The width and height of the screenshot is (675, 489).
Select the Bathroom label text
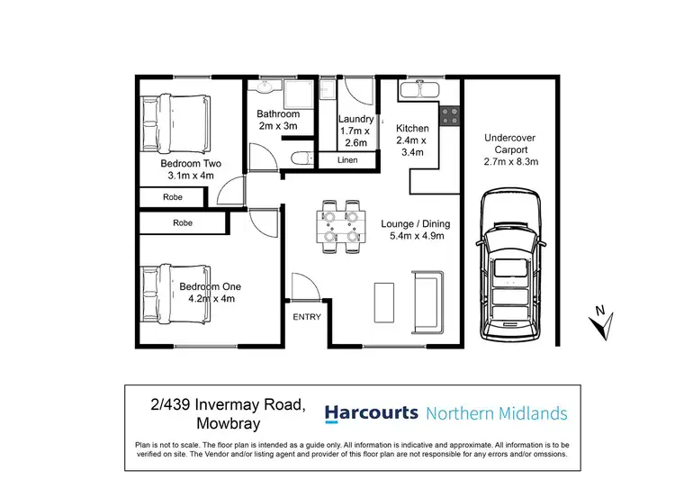tap(277, 121)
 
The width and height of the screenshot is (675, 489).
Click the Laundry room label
tap(355, 131)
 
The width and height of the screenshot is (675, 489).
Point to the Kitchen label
tap(412, 140)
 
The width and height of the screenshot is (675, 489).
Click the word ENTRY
tap(306, 317)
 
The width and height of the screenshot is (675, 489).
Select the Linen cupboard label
tap(347, 160)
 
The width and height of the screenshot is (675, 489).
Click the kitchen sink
tap(418, 91)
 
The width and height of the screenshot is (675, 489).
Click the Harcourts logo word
tap(371, 413)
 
